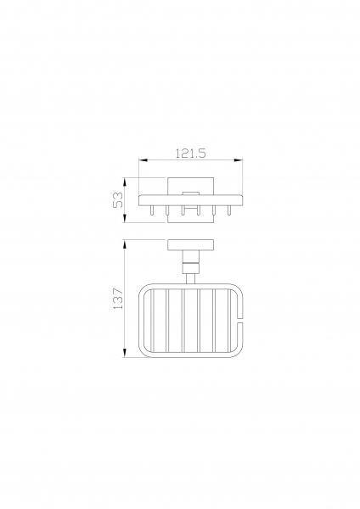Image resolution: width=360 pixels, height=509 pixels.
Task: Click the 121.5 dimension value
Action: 191,153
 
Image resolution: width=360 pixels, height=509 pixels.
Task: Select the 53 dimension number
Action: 118,200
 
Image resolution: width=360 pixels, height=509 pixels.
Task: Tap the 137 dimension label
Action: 118,298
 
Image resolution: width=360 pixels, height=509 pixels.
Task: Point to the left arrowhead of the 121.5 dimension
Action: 143,160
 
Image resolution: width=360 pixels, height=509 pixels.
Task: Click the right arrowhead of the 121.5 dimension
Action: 238,160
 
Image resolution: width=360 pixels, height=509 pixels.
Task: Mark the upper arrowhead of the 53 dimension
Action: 125,182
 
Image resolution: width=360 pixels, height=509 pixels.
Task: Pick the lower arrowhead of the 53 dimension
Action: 125,219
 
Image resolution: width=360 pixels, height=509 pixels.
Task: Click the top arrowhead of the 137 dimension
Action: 125,244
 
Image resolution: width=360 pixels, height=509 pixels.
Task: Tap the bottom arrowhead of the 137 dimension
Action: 125,353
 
